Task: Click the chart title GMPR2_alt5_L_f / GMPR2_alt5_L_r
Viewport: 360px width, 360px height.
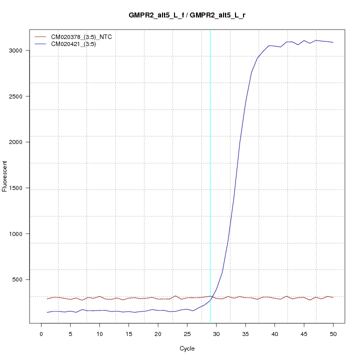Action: click(x=186, y=15)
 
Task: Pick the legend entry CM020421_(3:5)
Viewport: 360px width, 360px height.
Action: click(x=77, y=44)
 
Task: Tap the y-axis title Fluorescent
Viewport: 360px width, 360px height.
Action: click(x=5, y=176)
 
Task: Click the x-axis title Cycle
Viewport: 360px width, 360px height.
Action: click(x=186, y=348)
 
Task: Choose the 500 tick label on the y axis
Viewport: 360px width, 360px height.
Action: click(x=20, y=279)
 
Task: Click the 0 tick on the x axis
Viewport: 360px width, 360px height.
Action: click(x=41, y=333)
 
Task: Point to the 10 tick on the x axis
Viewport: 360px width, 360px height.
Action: click(x=99, y=333)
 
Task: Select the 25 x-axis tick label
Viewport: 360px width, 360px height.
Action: click(x=187, y=333)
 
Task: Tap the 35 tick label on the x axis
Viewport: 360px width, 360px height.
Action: click(x=245, y=333)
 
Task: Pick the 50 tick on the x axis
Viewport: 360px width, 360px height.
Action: click(x=333, y=333)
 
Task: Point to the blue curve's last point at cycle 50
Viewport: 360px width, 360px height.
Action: click(x=333, y=42)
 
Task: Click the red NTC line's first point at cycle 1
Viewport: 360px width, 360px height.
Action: click(x=47, y=299)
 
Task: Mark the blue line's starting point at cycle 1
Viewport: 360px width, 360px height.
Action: click(x=47, y=312)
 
